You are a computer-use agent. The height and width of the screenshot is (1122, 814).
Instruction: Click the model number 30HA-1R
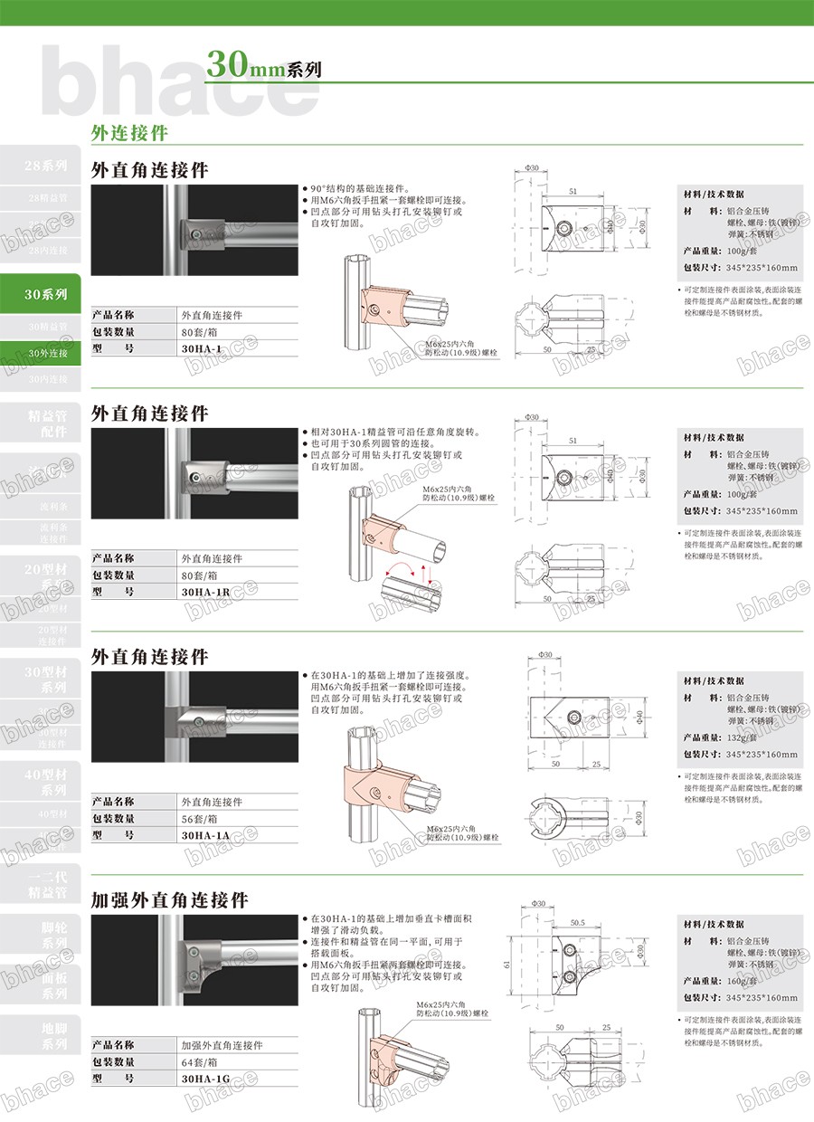(x=205, y=592)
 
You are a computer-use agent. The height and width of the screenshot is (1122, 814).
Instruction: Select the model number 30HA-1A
(x=205, y=835)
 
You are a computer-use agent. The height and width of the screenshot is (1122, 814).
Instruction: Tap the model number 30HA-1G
(x=205, y=1079)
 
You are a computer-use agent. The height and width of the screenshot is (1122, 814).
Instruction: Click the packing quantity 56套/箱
(x=200, y=818)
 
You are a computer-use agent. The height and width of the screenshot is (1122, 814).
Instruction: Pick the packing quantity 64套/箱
(x=200, y=1061)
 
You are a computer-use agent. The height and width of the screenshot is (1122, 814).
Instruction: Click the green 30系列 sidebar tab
(x=45, y=294)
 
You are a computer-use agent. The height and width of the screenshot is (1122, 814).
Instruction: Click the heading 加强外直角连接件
(x=170, y=900)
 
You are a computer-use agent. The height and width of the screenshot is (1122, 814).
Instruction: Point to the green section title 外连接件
(x=129, y=132)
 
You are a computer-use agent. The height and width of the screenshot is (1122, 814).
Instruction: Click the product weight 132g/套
(x=746, y=737)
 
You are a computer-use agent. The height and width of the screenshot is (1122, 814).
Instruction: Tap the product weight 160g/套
(x=746, y=981)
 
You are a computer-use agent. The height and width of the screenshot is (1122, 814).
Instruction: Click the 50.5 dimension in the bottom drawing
(x=578, y=923)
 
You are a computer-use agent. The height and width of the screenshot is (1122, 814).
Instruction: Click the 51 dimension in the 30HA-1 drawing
(x=573, y=191)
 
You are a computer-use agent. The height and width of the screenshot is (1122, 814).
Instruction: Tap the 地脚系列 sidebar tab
(x=45, y=1036)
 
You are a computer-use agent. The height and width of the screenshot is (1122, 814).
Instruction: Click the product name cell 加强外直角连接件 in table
(x=222, y=1044)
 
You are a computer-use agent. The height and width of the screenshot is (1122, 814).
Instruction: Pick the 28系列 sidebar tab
(x=45, y=166)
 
